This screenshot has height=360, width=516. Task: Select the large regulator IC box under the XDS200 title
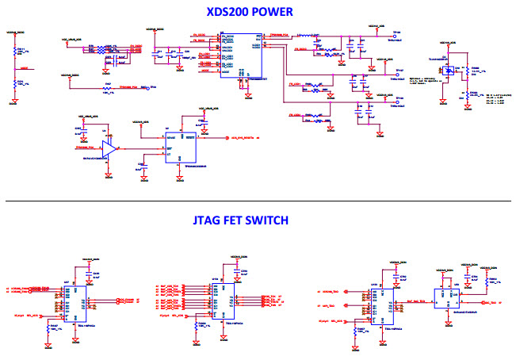click(x=247, y=55)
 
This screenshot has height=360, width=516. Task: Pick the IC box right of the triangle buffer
click(x=180, y=147)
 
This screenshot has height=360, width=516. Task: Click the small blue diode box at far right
click(x=450, y=72)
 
